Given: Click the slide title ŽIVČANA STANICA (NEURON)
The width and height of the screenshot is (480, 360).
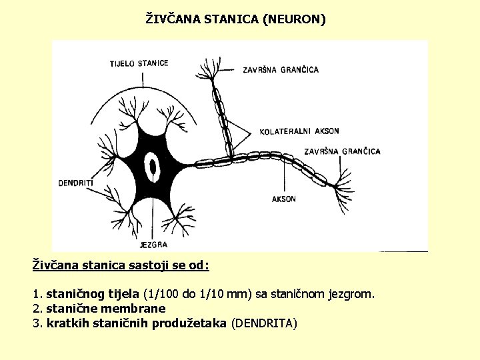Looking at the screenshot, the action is (x=236, y=19).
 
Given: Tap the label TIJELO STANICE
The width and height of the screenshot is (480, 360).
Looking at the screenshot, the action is (x=139, y=63).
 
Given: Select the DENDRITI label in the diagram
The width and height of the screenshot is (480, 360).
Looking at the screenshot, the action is (x=76, y=182).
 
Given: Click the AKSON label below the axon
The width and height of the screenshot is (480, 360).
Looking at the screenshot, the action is (x=284, y=199).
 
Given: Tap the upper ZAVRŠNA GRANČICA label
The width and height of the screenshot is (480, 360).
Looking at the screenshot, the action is (x=281, y=69).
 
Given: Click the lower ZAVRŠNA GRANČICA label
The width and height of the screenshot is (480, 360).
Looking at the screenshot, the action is (x=342, y=151).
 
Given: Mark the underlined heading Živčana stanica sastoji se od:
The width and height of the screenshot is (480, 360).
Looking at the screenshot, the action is (x=121, y=265).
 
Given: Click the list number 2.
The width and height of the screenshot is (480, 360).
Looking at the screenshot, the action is (x=37, y=309).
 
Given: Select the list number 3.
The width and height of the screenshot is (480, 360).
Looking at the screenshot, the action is (x=37, y=323).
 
